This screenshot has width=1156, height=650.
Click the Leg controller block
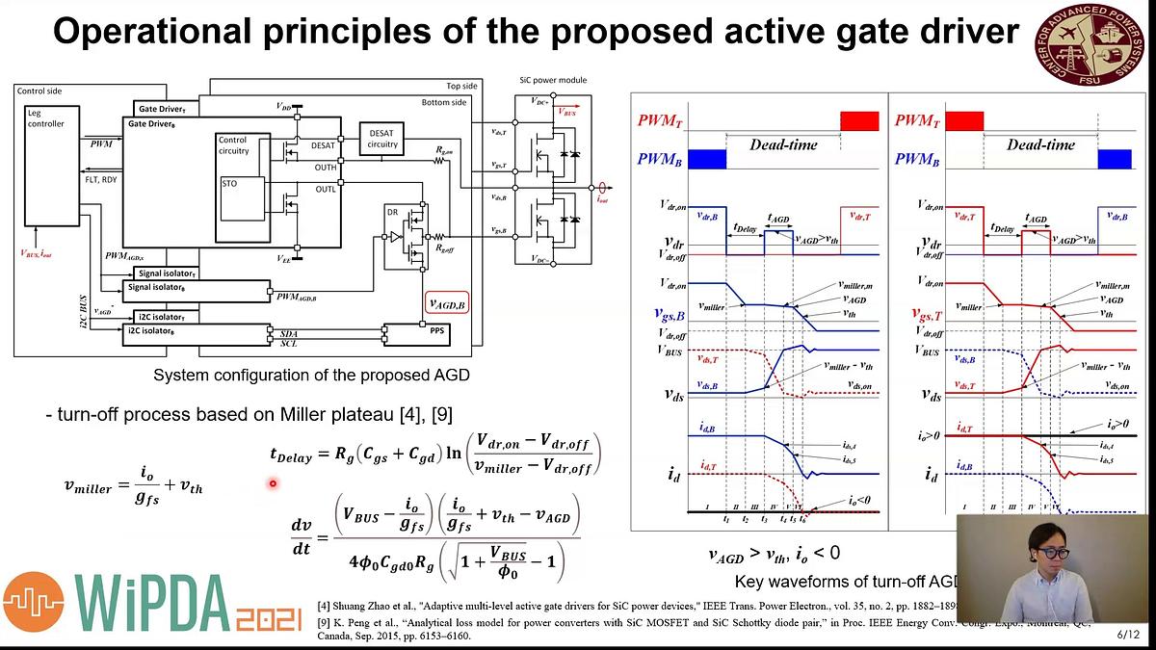coord(45,118)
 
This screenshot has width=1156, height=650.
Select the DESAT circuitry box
coord(382,138)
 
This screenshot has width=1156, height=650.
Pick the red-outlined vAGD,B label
coord(445,304)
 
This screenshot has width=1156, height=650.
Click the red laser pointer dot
coord(273,484)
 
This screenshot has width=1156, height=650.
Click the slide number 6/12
coord(1128,636)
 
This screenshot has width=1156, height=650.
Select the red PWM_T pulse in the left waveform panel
coord(859,120)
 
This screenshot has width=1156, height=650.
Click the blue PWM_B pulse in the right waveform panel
coord(1115,159)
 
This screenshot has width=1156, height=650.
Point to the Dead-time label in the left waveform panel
coord(783,144)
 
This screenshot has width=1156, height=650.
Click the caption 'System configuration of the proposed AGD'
coord(311,375)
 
